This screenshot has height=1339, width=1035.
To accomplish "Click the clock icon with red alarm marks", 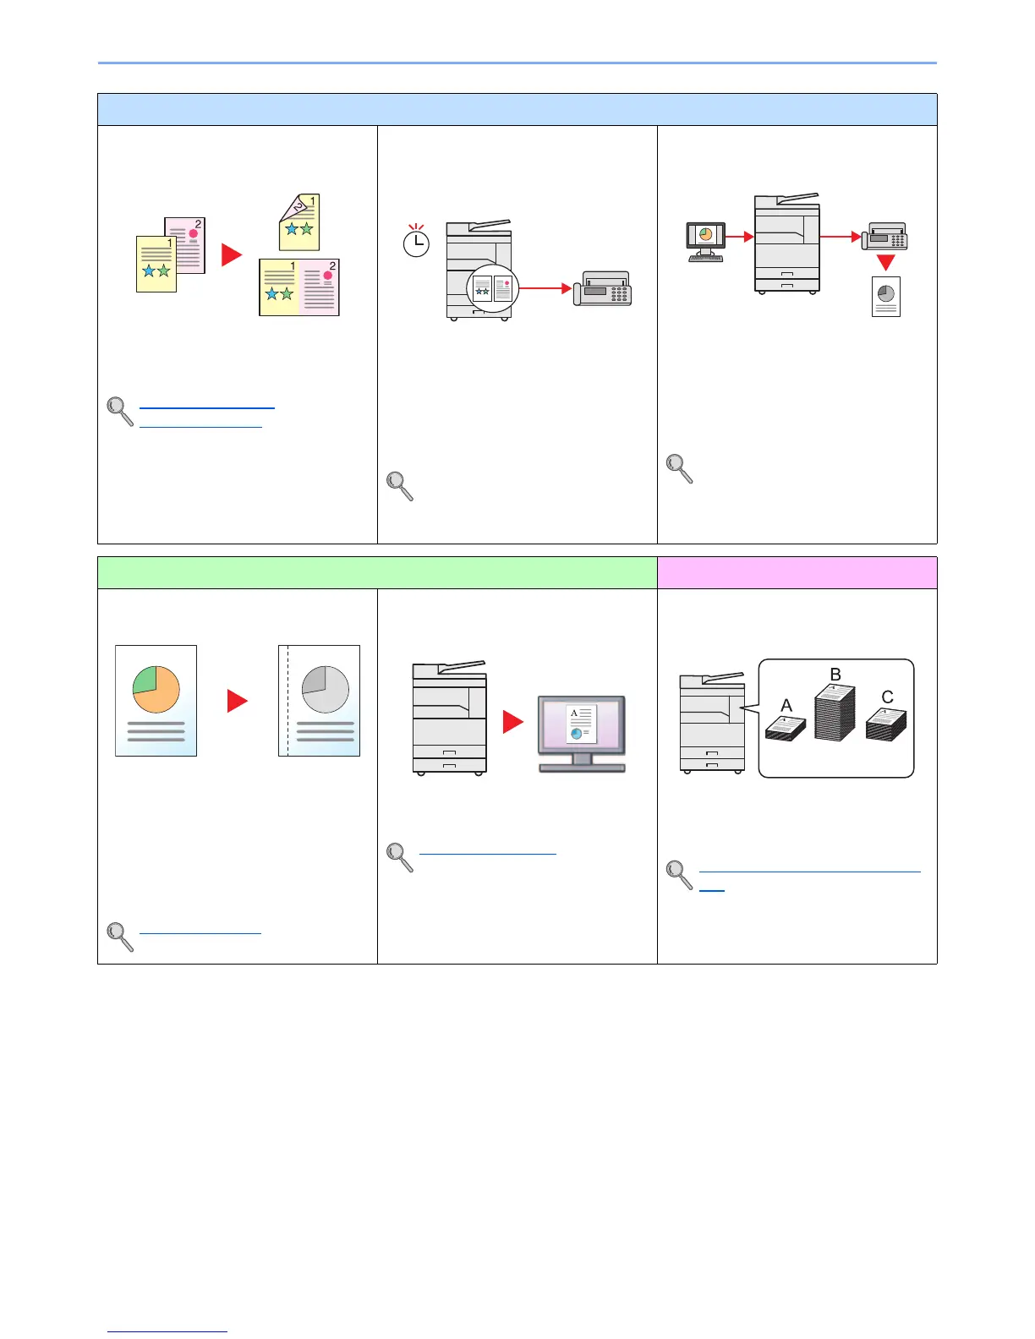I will (x=416, y=243).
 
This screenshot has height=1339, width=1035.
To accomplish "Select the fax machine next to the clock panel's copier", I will (x=602, y=289).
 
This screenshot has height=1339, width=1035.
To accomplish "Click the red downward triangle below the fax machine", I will (x=885, y=262).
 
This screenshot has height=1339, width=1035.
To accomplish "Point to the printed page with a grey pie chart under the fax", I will (x=885, y=297).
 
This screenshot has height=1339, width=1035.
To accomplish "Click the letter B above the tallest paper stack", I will (x=835, y=675).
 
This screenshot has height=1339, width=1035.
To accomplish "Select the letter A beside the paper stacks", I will (x=786, y=705).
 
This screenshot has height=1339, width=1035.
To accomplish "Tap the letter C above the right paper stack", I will (x=887, y=697).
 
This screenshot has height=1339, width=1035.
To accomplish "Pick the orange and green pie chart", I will (x=156, y=690).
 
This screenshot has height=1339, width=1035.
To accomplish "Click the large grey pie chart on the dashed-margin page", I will (x=326, y=690).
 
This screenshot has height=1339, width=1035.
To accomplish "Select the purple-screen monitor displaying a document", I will (x=582, y=727).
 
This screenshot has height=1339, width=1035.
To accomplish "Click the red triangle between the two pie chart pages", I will (x=238, y=701).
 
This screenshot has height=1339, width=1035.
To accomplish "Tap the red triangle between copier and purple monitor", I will (x=512, y=722).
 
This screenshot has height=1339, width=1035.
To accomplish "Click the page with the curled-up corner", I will (x=299, y=221).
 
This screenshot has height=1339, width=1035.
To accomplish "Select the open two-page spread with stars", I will (x=299, y=287).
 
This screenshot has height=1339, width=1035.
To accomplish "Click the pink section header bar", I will (x=797, y=572).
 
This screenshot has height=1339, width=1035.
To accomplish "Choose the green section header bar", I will (x=377, y=572).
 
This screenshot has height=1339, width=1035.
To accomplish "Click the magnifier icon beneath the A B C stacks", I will (x=679, y=875).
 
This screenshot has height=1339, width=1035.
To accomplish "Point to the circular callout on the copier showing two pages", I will (x=492, y=288).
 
